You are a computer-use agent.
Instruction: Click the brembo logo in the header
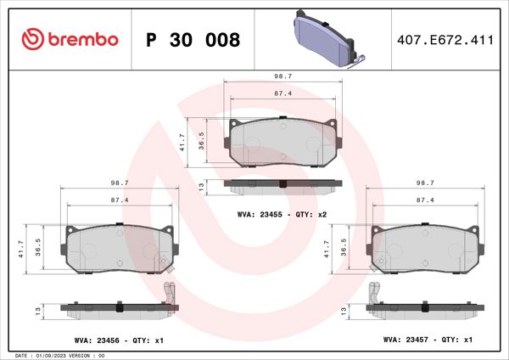71,39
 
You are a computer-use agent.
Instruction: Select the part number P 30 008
193,40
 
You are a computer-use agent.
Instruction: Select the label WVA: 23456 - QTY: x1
120,340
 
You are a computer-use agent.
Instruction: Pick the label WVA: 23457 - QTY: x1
428,340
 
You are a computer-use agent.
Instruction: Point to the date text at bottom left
59,355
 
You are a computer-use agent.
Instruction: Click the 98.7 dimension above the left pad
120,183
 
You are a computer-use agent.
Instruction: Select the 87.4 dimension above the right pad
428,200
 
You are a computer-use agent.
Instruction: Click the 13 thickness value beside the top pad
200,185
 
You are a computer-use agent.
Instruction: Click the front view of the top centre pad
283,143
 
